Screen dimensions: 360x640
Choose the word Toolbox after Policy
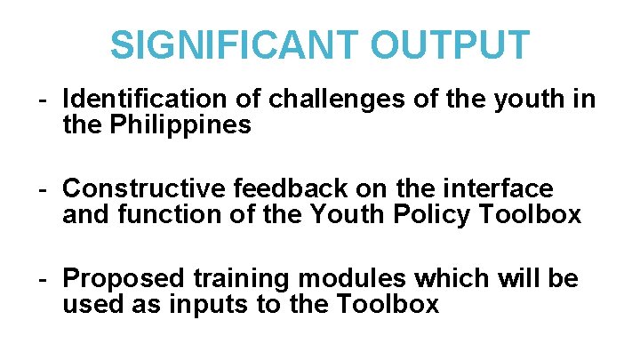point(534,215)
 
